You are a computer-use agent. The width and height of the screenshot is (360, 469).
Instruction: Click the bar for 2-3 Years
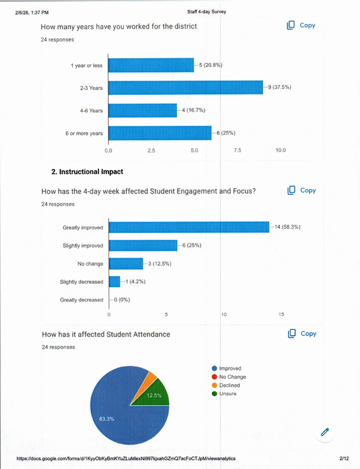185,87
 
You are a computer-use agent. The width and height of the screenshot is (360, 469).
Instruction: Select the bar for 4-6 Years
142,110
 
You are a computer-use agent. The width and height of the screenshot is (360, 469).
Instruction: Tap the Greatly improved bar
189,227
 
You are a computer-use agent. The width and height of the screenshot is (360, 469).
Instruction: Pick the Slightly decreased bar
114,281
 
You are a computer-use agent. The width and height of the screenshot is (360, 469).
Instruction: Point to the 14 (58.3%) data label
287,227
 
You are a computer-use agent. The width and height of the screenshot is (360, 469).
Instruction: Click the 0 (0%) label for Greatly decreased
121,300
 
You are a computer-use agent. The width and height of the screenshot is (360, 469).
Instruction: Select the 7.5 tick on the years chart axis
237,151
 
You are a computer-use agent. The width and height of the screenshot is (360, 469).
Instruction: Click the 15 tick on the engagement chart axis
281,315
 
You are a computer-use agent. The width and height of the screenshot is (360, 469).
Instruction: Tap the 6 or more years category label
84,134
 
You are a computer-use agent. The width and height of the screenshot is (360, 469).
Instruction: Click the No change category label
90,263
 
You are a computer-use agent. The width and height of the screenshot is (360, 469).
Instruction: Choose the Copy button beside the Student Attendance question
301,334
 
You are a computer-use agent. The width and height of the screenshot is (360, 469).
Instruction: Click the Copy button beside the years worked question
301,25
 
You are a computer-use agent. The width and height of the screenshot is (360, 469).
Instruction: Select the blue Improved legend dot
214,369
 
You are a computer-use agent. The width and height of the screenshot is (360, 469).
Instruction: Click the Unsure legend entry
227,393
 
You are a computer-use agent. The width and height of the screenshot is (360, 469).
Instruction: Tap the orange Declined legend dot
214,385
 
